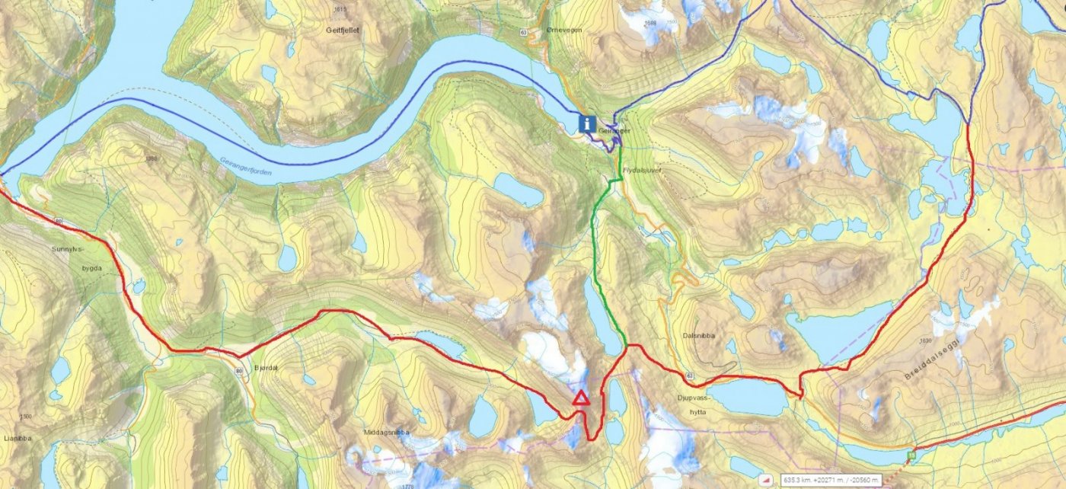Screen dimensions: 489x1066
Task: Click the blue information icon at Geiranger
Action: [587, 123]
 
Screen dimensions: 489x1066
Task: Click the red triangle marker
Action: [581, 398]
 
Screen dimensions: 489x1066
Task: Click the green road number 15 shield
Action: [911, 455]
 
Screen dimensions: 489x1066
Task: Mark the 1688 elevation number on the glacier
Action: [649, 23]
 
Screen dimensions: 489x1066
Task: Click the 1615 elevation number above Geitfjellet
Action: [340, 9]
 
